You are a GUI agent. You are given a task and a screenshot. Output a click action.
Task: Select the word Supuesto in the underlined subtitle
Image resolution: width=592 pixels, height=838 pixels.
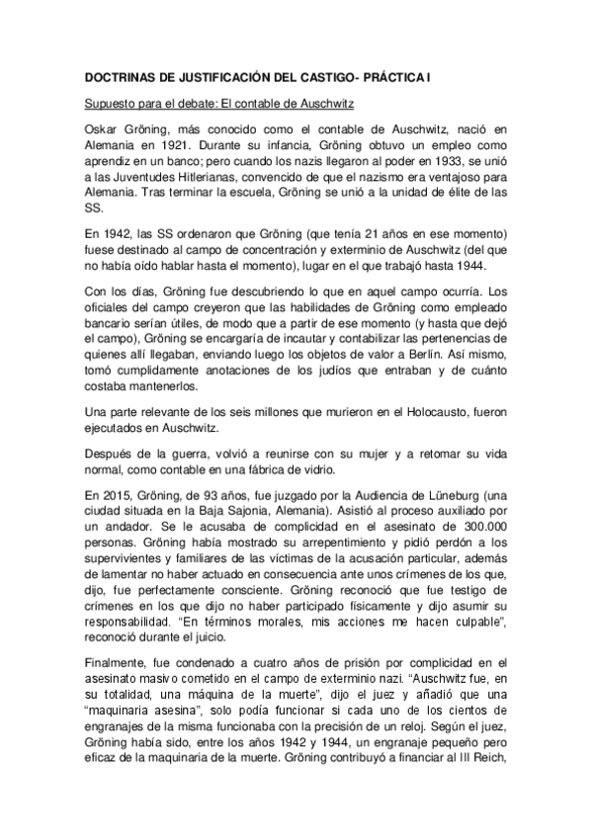110,102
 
